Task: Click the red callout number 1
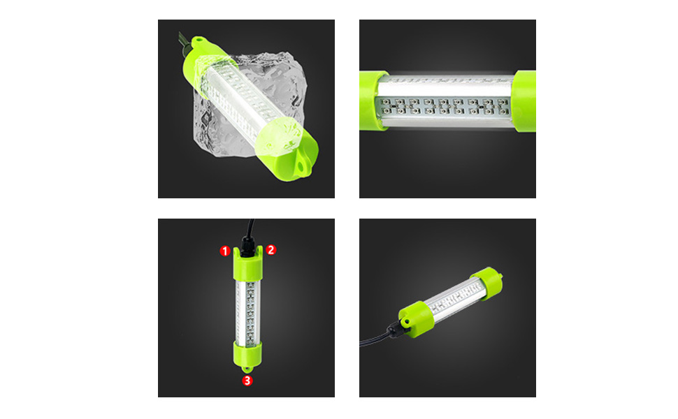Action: click(x=224, y=251)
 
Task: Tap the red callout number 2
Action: click(x=271, y=250)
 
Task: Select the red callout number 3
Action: click(x=247, y=381)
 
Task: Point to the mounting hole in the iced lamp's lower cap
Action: click(x=299, y=166)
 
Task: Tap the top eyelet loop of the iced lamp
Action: click(x=199, y=41)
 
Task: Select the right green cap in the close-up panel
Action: click(x=524, y=101)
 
